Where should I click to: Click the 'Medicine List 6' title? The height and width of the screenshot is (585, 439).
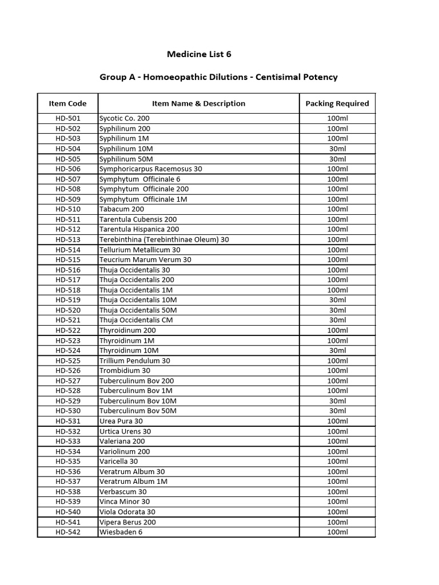(199, 54)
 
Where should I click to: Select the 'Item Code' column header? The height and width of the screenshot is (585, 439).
(68, 103)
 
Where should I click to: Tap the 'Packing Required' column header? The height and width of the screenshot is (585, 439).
(337, 103)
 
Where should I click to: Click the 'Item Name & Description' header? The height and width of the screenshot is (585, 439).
(198, 103)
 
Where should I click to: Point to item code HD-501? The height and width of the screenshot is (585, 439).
(68, 118)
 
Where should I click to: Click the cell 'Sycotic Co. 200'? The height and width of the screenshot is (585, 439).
(125, 118)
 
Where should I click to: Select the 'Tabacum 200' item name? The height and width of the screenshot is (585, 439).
(122, 209)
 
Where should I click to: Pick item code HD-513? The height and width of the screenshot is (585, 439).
(68, 239)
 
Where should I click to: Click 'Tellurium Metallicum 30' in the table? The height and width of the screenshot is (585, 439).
(140, 250)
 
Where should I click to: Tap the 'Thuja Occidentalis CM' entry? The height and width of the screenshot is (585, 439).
(136, 320)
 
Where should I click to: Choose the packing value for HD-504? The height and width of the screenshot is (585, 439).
(337, 149)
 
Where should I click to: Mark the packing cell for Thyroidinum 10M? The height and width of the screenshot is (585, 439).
(337, 350)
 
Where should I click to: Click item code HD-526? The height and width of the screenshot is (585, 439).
(68, 370)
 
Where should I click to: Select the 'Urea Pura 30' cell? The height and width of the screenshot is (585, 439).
(121, 421)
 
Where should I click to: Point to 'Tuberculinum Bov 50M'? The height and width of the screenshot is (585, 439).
(138, 411)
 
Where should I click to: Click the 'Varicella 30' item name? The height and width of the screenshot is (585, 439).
(119, 461)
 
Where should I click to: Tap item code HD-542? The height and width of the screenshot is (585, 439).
(68, 532)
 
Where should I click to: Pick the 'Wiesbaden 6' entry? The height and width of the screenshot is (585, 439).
(121, 532)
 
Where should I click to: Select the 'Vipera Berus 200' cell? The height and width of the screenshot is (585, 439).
(127, 522)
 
